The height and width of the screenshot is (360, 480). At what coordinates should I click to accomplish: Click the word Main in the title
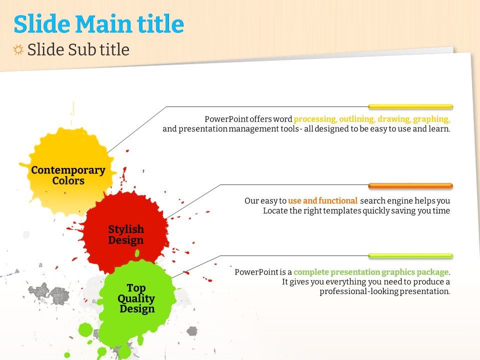click(103, 24)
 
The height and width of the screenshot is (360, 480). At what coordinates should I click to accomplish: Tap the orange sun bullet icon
click(18, 49)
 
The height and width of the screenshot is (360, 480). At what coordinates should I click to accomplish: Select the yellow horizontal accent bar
click(410, 107)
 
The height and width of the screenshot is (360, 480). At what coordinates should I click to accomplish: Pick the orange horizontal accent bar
click(410, 186)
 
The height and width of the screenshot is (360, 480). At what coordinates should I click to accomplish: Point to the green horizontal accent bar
click(410, 256)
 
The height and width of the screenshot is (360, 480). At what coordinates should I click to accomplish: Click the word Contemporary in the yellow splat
click(68, 170)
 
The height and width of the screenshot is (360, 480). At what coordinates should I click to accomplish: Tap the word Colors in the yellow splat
click(68, 180)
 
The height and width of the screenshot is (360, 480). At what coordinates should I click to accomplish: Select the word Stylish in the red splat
click(126, 229)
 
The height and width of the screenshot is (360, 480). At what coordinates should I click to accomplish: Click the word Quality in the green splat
click(136, 298)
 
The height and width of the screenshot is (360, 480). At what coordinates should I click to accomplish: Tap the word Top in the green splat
click(136, 288)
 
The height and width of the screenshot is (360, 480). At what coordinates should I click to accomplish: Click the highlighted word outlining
click(356, 119)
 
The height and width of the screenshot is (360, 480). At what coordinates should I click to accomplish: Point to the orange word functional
click(338, 200)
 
